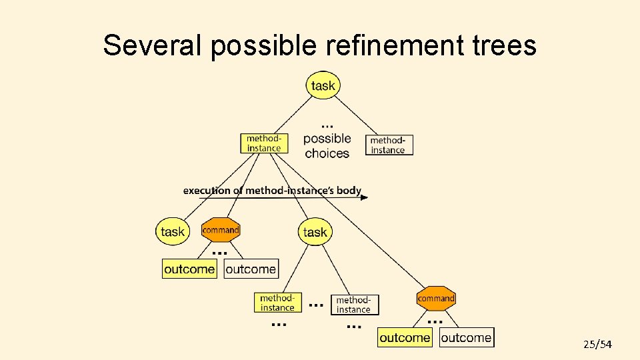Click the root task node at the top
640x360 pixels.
(x=323, y=85)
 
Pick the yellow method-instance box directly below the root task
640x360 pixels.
(x=265, y=143)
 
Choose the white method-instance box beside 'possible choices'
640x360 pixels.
(x=389, y=145)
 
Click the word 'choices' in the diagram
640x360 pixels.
(x=327, y=153)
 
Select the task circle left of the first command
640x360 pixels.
(x=173, y=231)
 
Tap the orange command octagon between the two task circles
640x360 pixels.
(x=221, y=230)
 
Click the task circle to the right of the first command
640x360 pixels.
(x=315, y=231)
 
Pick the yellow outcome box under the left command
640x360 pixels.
(x=190, y=269)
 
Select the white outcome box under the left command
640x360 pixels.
(x=251, y=269)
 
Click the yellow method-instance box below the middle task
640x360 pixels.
(x=278, y=303)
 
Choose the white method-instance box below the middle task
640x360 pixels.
(x=354, y=305)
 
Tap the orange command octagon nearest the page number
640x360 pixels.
(x=436, y=299)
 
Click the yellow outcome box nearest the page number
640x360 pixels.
(x=405, y=337)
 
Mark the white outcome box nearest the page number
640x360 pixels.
(x=467, y=337)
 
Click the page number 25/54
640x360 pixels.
(x=597, y=345)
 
